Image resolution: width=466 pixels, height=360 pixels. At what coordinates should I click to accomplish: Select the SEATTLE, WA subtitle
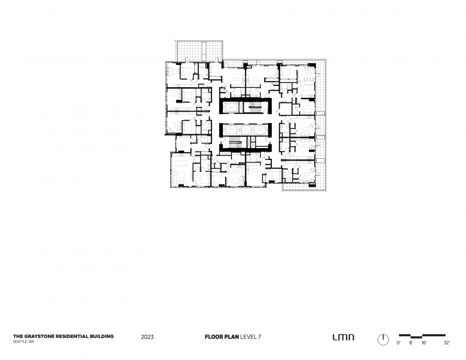tap(23, 341)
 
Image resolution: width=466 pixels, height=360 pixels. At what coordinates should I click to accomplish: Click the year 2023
tap(148, 337)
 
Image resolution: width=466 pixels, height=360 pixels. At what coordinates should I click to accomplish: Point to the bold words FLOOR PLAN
tap(222, 337)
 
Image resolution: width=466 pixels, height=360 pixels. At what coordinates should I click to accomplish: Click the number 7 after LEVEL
tap(259, 337)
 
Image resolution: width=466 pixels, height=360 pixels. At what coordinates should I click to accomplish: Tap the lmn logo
tap(344, 337)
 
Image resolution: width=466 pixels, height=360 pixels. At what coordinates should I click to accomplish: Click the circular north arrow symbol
tap(383, 340)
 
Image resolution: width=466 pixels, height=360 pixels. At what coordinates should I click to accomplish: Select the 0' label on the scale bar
tap(398, 343)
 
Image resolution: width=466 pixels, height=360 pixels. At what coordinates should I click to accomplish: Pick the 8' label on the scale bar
tap(410, 343)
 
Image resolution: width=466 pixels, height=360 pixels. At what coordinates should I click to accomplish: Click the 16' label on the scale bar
tap(424, 343)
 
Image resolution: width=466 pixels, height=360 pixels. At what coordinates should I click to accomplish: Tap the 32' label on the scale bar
tap(447, 343)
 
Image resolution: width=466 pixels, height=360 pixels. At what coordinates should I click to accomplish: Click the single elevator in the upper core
tap(231, 107)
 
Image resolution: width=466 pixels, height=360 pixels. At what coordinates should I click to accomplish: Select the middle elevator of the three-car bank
tap(246, 130)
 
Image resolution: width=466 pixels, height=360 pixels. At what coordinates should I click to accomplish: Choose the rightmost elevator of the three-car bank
tap(260, 130)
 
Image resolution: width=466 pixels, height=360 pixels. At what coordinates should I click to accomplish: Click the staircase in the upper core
tap(255, 107)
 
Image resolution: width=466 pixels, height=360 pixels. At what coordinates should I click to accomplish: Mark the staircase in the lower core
tap(235, 142)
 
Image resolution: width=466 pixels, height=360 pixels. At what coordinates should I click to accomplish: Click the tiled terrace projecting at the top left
tap(199, 51)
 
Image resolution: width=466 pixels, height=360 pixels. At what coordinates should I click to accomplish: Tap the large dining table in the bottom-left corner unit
tap(181, 163)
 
